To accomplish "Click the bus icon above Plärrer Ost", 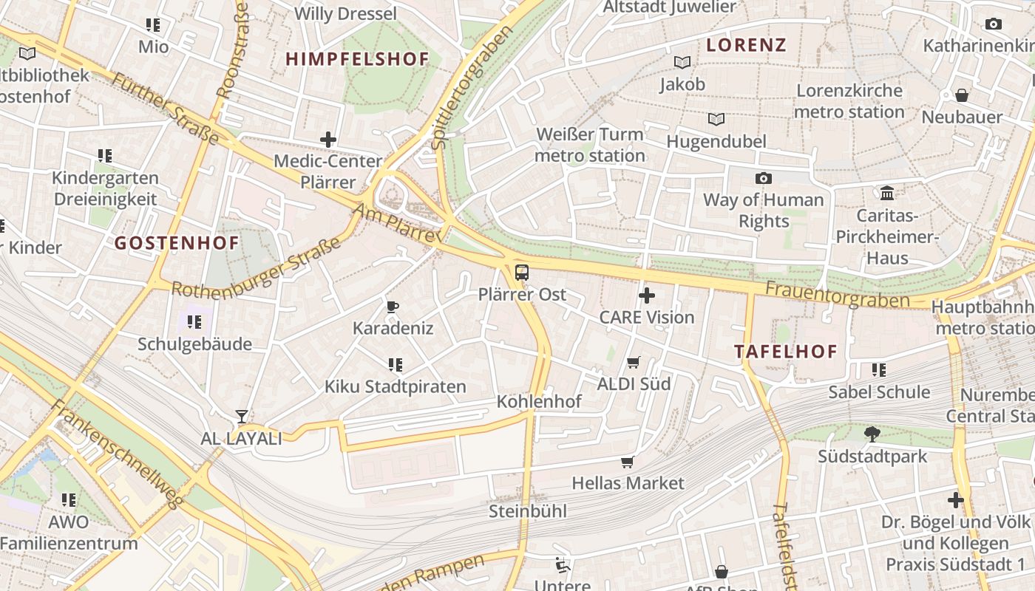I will point(522,272).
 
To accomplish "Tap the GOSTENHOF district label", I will point(177,243).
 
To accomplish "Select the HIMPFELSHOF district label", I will point(357,59).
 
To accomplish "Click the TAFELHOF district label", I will point(786,352).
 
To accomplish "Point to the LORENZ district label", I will point(746,45).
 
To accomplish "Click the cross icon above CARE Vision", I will point(647,296).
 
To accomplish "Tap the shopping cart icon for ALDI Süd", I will point(633,362).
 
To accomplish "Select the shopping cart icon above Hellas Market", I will point(628,462).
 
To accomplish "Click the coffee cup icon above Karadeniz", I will point(393,307).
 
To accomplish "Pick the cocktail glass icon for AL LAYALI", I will point(241,417).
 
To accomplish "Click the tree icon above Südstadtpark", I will point(872,434).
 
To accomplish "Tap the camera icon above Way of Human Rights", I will point(763,178).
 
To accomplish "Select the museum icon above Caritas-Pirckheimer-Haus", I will point(887,194).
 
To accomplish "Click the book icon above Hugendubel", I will point(716,119).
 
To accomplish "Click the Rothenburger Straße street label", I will point(256,267).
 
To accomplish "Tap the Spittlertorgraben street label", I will point(471,87).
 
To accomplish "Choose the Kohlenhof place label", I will point(539,402).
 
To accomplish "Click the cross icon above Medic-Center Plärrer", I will point(328,139).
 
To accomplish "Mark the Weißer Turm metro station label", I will point(589,145).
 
